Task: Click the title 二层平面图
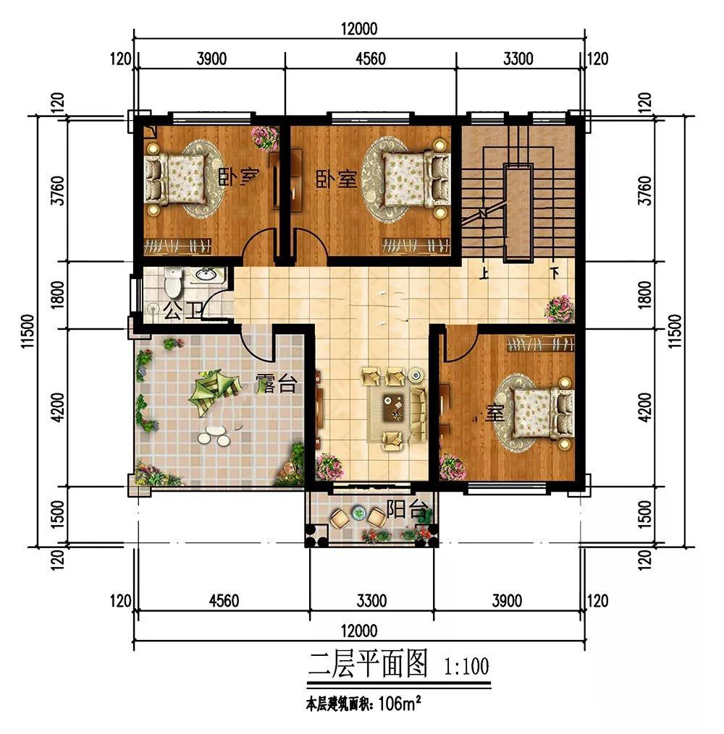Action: [x=369, y=664]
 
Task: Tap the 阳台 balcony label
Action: [x=400, y=507]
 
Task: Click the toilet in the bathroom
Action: [x=172, y=283]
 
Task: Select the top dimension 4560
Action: [x=371, y=59]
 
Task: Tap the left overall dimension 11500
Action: [x=28, y=332]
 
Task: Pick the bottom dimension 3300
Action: [x=371, y=600]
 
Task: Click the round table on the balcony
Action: [x=358, y=514]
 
